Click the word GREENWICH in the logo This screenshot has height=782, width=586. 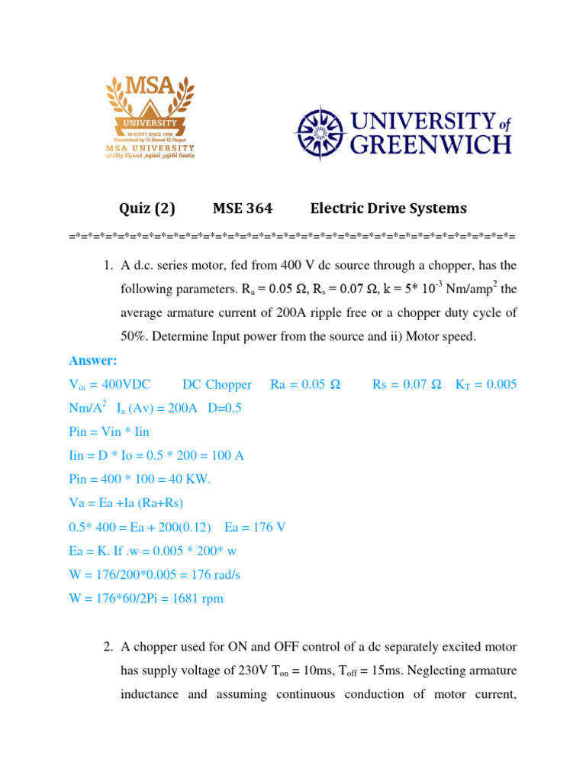[x=430, y=144]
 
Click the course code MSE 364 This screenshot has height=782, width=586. [x=242, y=208]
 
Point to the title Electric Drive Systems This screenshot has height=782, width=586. [x=388, y=208]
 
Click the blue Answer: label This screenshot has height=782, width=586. [x=94, y=360]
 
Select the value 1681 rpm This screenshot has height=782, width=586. [x=195, y=599]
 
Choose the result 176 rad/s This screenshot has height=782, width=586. [x=214, y=575]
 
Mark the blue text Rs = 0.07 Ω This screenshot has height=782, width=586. [x=407, y=385]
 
